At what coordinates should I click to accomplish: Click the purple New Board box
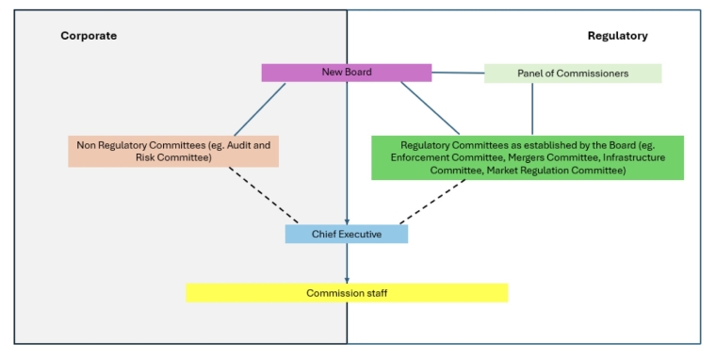pos(346,73)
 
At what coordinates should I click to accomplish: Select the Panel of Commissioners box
pos(573,74)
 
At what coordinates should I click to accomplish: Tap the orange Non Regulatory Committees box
pos(172,152)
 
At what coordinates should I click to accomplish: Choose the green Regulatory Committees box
pos(528,157)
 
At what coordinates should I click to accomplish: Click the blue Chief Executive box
pos(347,234)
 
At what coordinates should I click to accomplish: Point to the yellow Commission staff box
pos(347,293)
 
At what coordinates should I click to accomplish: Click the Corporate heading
pos(89,36)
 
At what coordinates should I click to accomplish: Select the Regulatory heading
pos(617,36)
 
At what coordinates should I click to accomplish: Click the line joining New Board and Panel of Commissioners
pos(458,73)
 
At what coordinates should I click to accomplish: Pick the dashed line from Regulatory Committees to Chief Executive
pos(433,202)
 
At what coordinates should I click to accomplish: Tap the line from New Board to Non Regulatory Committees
pos(260,108)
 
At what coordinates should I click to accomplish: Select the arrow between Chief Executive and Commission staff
pos(347,263)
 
